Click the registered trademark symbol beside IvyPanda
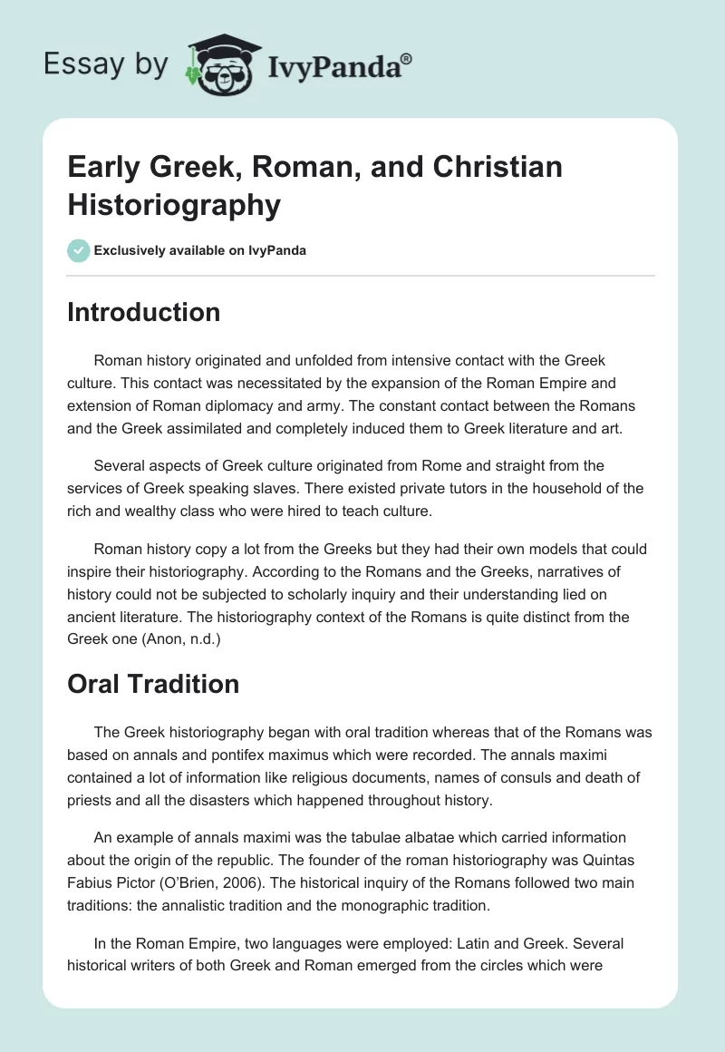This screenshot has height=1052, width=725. coord(407,58)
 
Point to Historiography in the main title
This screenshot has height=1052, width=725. coord(174,205)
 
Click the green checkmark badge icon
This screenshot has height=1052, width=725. coord(79,250)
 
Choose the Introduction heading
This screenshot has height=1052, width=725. coord(143,312)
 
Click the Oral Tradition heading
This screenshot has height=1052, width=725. coord(153,683)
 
